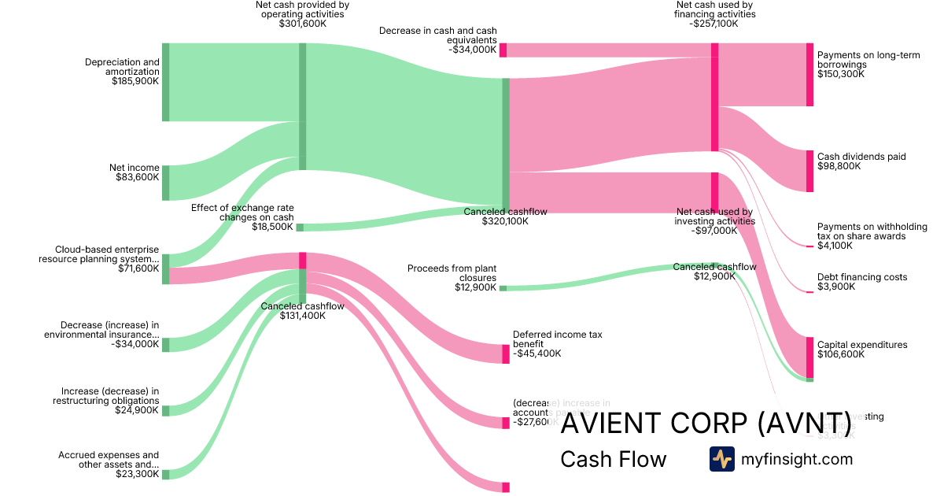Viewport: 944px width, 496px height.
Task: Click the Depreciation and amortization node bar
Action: click(165, 83)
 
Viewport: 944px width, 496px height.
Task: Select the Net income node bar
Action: click(165, 183)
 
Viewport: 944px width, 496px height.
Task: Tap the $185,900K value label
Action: click(135, 81)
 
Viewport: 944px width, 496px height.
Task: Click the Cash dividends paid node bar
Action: click(809, 171)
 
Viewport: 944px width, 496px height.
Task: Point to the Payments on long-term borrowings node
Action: click(809, 75)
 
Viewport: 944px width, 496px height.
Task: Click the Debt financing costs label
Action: click(862, 277)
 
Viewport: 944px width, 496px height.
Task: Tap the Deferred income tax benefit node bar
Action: click(506, 353)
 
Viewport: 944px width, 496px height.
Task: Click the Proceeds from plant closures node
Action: click(503, 288)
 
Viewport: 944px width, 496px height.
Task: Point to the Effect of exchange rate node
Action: click(300, 228)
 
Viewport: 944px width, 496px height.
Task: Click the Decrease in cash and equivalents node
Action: click(503, 50)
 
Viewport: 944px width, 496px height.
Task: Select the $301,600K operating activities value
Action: click(302, 24)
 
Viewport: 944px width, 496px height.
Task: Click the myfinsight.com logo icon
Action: click(721, 459)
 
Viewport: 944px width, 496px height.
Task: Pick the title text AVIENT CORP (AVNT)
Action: click(706, 423)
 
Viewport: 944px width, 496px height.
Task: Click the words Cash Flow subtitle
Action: click(613, 460)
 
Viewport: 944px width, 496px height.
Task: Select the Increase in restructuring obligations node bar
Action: click(165, 410)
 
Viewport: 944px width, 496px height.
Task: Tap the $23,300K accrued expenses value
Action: click(135, 474)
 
